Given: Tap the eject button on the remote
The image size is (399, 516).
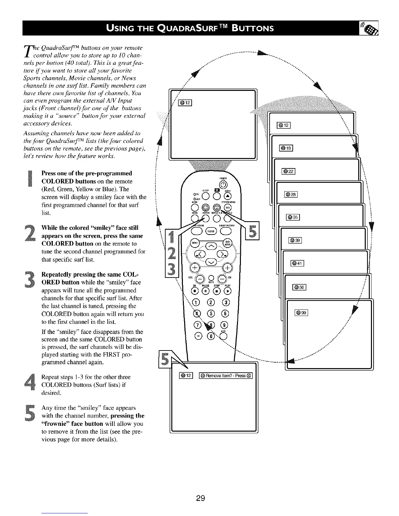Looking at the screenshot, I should click(x=228, y=196).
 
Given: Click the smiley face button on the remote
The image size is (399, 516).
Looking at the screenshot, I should click(x=206, y=207).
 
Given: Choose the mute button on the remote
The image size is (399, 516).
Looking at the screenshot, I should click(x=211, y=278).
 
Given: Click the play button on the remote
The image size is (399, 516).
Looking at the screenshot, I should click(x=227, y=291).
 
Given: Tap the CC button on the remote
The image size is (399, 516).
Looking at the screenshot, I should click(x=198, y=336).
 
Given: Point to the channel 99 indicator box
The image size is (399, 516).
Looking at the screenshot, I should click(x=301, y=312).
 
